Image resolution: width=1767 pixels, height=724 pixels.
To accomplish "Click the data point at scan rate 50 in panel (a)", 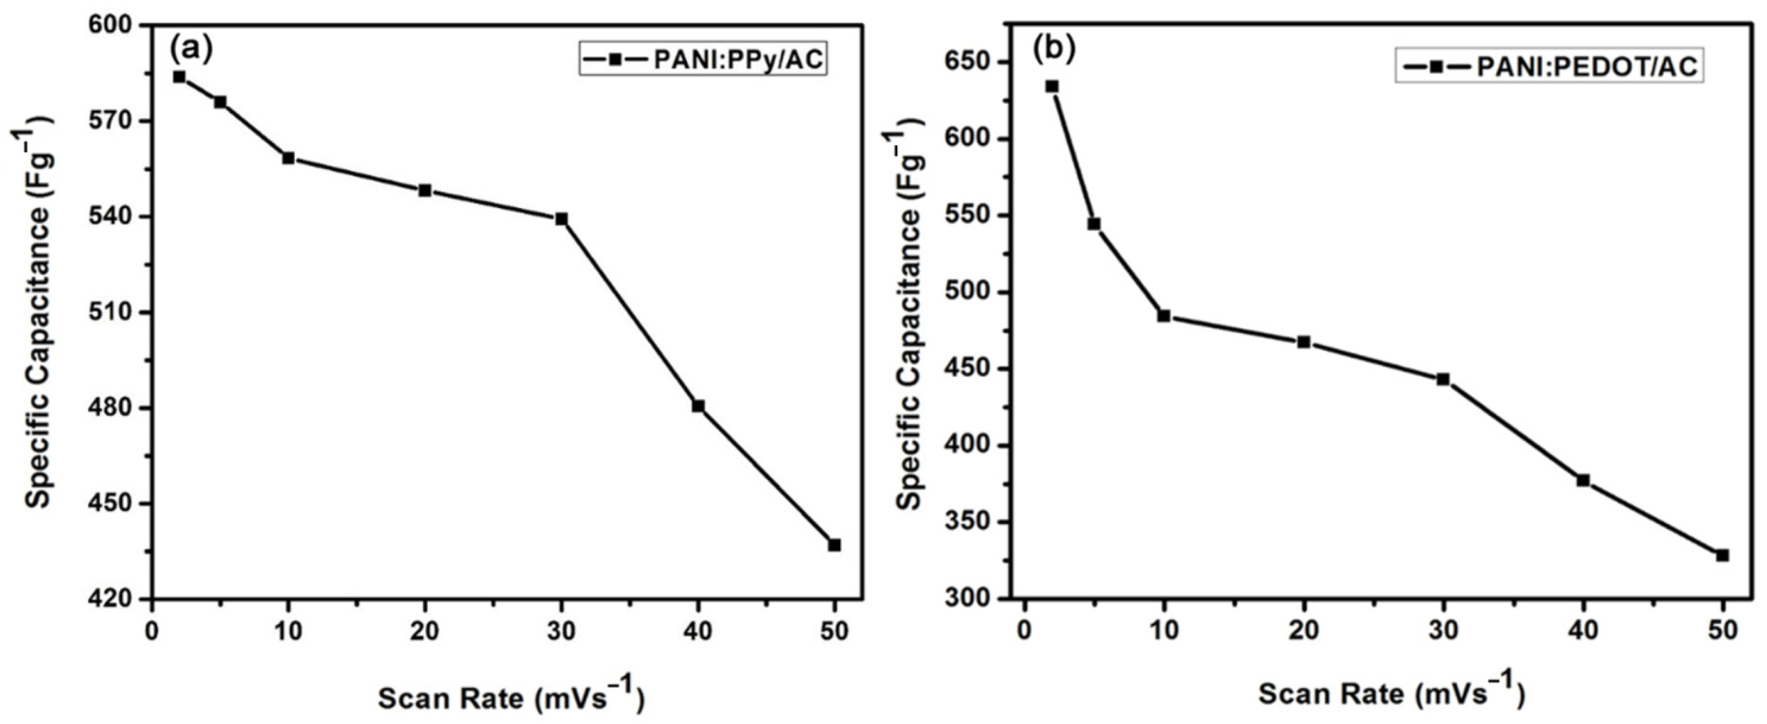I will (834, 545).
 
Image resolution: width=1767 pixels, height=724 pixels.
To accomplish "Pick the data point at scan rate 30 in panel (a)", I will (562, 219).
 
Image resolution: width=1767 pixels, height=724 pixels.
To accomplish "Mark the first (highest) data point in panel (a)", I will (179, 77).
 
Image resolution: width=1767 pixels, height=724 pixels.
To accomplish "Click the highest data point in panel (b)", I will (1052, 86).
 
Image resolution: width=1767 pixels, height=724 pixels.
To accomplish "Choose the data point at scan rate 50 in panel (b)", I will (1723, 555).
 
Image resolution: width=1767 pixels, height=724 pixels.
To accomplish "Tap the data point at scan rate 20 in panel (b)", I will (1303, 342).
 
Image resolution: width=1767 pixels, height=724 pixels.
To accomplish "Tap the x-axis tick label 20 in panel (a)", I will (424, 631).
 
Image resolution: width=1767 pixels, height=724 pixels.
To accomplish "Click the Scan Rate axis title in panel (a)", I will (511, 699).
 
